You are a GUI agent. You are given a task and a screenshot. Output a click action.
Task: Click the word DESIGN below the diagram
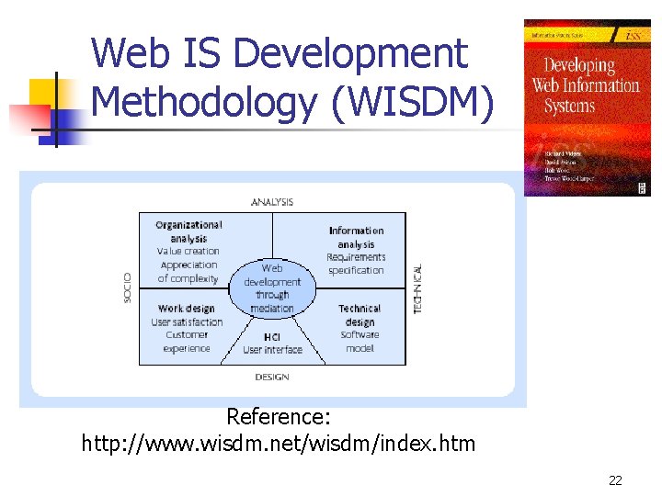(271, 377)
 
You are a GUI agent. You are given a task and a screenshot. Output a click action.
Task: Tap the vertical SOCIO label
(128, 287)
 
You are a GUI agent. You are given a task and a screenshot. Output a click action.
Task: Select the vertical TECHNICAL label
(417, 289)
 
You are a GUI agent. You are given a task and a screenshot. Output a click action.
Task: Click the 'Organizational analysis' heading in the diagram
(188, 231)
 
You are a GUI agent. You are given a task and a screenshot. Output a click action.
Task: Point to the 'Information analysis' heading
(356, 237)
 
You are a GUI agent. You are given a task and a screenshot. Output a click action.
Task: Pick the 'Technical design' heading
(360, 315)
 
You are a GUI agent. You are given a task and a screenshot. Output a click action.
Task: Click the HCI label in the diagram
(272, 337)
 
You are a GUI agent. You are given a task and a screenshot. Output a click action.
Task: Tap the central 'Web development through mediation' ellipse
(272, 287)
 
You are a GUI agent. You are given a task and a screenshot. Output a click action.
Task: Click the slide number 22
(615, 480)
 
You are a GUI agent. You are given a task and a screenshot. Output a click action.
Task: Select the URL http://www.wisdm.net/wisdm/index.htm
(279, 445)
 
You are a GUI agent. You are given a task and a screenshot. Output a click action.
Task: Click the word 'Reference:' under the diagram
(278, 417)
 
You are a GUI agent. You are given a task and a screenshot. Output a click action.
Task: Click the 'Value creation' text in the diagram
(188, 252)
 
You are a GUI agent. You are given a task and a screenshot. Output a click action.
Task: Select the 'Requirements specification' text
(356, 264)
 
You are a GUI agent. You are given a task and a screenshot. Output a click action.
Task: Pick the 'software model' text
(360, 342)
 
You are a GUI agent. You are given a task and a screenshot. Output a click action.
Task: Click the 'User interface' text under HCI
(272, 350)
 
